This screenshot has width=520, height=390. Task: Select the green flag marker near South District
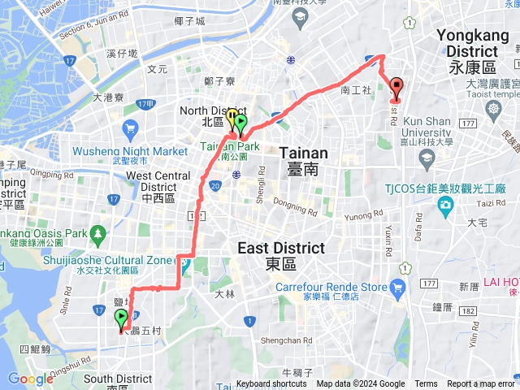(122, 318)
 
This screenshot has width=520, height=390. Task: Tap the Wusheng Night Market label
(130, 151)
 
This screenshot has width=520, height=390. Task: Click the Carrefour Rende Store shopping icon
(396, 288)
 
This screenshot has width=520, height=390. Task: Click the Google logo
(31, 378)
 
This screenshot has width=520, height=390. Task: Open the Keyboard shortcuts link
(271, 384)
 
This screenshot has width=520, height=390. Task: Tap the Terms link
(426, 384)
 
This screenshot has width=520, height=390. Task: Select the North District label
(201, 115)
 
